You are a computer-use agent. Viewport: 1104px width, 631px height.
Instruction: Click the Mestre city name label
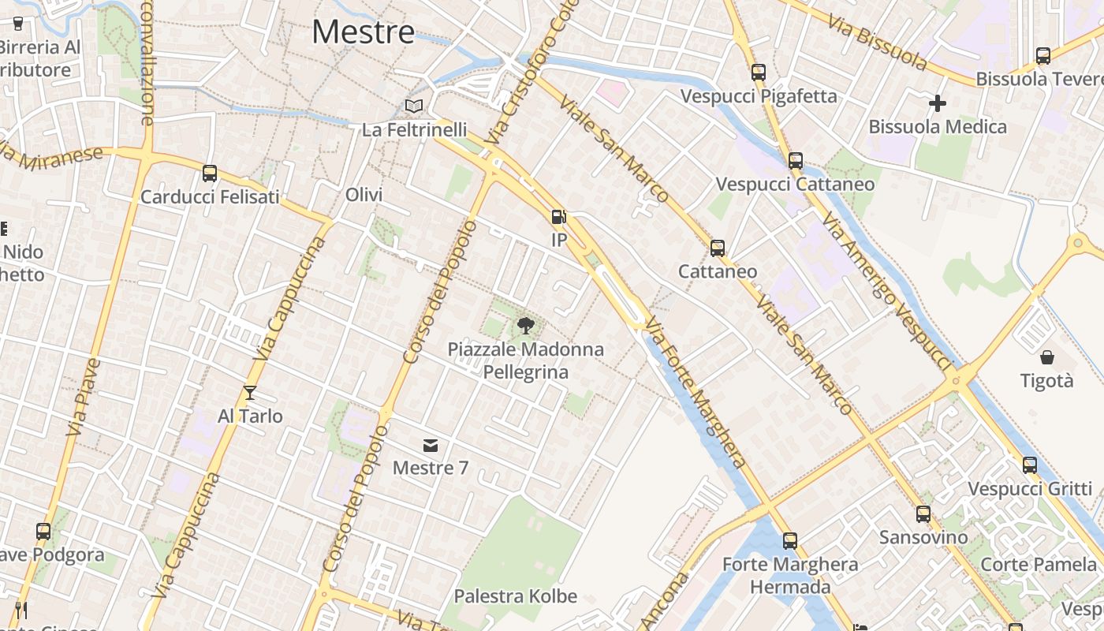point(363,32)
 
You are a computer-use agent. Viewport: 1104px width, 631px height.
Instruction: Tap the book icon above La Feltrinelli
point(414,106)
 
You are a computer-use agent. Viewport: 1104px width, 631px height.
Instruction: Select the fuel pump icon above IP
point(558,216)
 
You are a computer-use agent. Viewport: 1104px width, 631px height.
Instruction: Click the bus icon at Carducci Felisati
point(210,174)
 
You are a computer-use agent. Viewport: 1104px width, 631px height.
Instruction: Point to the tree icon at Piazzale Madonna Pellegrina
point(525,325)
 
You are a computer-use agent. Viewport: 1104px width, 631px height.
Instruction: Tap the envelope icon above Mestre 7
point(430,445)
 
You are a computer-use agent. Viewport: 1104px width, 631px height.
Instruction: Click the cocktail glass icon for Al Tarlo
point(250,392)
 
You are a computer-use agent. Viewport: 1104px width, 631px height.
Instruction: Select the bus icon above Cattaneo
point(718,248)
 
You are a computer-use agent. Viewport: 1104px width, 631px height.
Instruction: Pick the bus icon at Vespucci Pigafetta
point(759,73)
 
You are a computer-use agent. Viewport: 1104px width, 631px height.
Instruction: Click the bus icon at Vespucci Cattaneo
point(796,161)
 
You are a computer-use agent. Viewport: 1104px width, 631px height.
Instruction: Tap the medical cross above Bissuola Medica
point(937,103)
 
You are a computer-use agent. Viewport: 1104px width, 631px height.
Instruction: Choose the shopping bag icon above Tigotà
point(1047,357)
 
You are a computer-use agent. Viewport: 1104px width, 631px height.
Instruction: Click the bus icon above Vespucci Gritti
point(1030,465)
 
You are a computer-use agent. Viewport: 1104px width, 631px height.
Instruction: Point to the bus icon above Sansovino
point(923,514)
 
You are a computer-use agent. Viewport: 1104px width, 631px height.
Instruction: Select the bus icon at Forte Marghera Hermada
point(790,541)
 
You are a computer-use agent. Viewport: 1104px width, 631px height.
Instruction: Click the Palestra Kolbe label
point(516,596)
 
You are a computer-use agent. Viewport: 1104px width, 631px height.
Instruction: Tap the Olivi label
point(364,195)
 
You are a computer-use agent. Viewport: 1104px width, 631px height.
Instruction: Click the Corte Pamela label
point(1038,565)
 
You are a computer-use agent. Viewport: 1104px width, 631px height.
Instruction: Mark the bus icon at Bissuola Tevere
point(1043,56)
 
